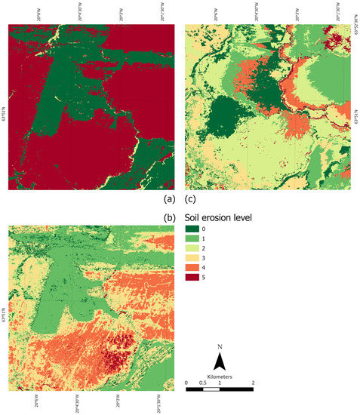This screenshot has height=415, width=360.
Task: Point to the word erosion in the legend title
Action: pyautogui.click(x=218, y=217)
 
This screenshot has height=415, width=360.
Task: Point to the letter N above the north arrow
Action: pyautogui.click(x=219, y=348)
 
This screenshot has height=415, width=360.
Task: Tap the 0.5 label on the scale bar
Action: pyautogui.click(x=202, y=382)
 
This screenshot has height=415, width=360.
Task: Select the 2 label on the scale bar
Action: pyautogui.click(x=253, y=382)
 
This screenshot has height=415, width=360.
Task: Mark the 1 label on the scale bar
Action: pyautogui.click(x=219, y=382)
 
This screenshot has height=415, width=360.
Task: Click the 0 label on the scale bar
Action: pyautogui.click(x=186, y=382)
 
